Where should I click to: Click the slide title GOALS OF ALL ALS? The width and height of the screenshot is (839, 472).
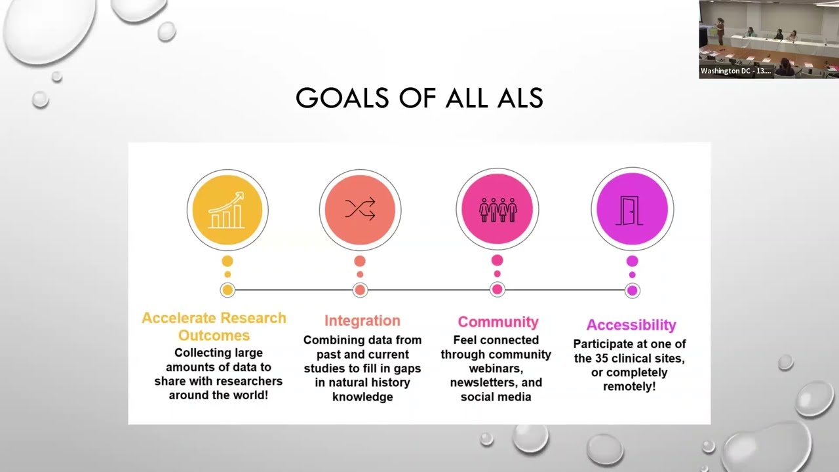[x=419, y=98]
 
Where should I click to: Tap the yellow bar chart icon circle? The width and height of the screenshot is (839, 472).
[x=227, y=210]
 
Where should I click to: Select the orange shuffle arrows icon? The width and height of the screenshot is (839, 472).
[x=360, y=210]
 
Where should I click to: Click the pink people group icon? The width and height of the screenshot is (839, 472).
[x=498, y=209]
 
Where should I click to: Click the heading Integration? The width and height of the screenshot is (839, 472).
[x=362, y=321]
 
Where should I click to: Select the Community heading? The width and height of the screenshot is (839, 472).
[x=498, y=322]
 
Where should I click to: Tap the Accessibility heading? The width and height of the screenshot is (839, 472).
[x=631, y=324]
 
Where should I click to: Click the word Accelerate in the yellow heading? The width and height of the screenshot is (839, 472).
[x=178, y=318]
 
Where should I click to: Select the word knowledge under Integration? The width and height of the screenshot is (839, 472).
[x=362, y=397]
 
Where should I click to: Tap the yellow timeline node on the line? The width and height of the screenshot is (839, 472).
[x=227, y=290]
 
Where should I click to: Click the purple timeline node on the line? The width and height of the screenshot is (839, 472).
[x=632, y=290]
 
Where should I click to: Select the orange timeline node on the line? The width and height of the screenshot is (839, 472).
[x=360, y=290]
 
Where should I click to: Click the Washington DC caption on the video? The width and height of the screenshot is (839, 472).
[x=735, y=71]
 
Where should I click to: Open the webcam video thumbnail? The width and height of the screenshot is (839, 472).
[x=768, y=36]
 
